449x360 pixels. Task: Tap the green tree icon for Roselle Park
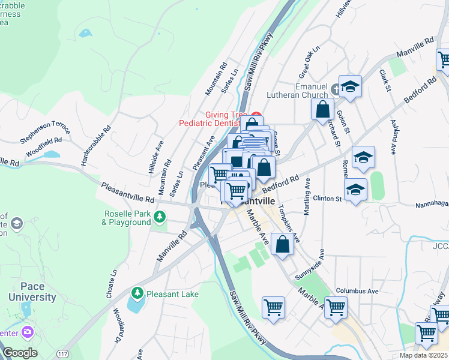click(x=159, y=216)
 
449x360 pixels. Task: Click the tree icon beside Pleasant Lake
click(x=138, y=292)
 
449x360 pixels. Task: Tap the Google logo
click(x=19, y=353)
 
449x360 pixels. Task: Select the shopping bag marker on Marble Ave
click(x=282, y=245)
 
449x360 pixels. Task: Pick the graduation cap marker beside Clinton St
click(x=356, y=191)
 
